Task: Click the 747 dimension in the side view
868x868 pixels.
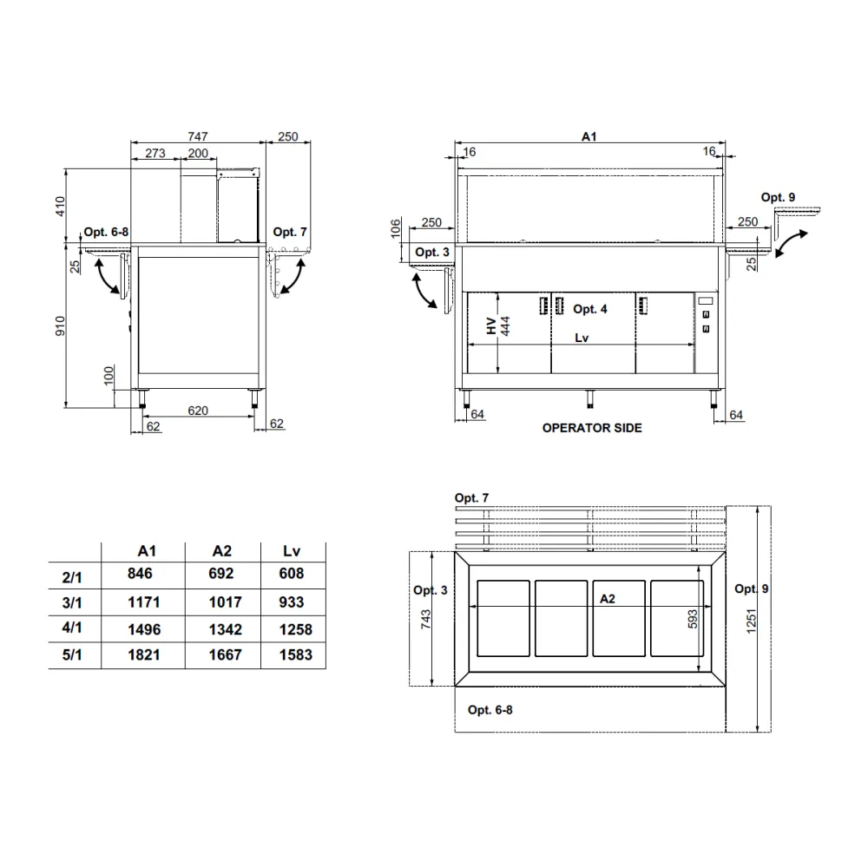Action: point(198,136)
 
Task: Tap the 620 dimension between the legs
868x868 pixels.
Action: point(198,411)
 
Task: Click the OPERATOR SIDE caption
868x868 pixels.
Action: point(592,428)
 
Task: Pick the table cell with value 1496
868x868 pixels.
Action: point(144,629)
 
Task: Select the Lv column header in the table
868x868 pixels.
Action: point(293,550)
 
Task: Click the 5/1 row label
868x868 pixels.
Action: point(73,656)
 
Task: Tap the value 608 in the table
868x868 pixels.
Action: point(293,574)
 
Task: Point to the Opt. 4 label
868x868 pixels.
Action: point(590,309)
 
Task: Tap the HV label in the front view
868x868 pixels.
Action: point(492,327)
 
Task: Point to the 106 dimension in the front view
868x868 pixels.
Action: point(397,228)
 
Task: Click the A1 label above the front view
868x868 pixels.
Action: point(589,136)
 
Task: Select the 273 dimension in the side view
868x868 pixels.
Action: point(155,153)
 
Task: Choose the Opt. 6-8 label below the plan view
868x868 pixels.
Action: point(490,709)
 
